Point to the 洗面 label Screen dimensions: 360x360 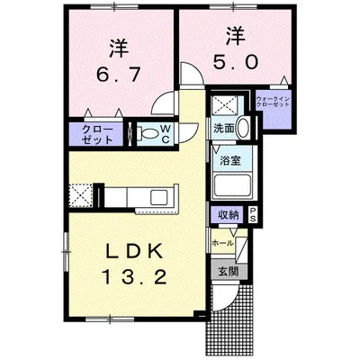tap(224, 129)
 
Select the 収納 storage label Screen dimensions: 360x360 tap(227, 214)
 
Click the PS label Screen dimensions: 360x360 tap(253, 214)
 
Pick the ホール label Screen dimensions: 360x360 tap(221, 243)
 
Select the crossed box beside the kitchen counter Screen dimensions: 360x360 tap(80, 194)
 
